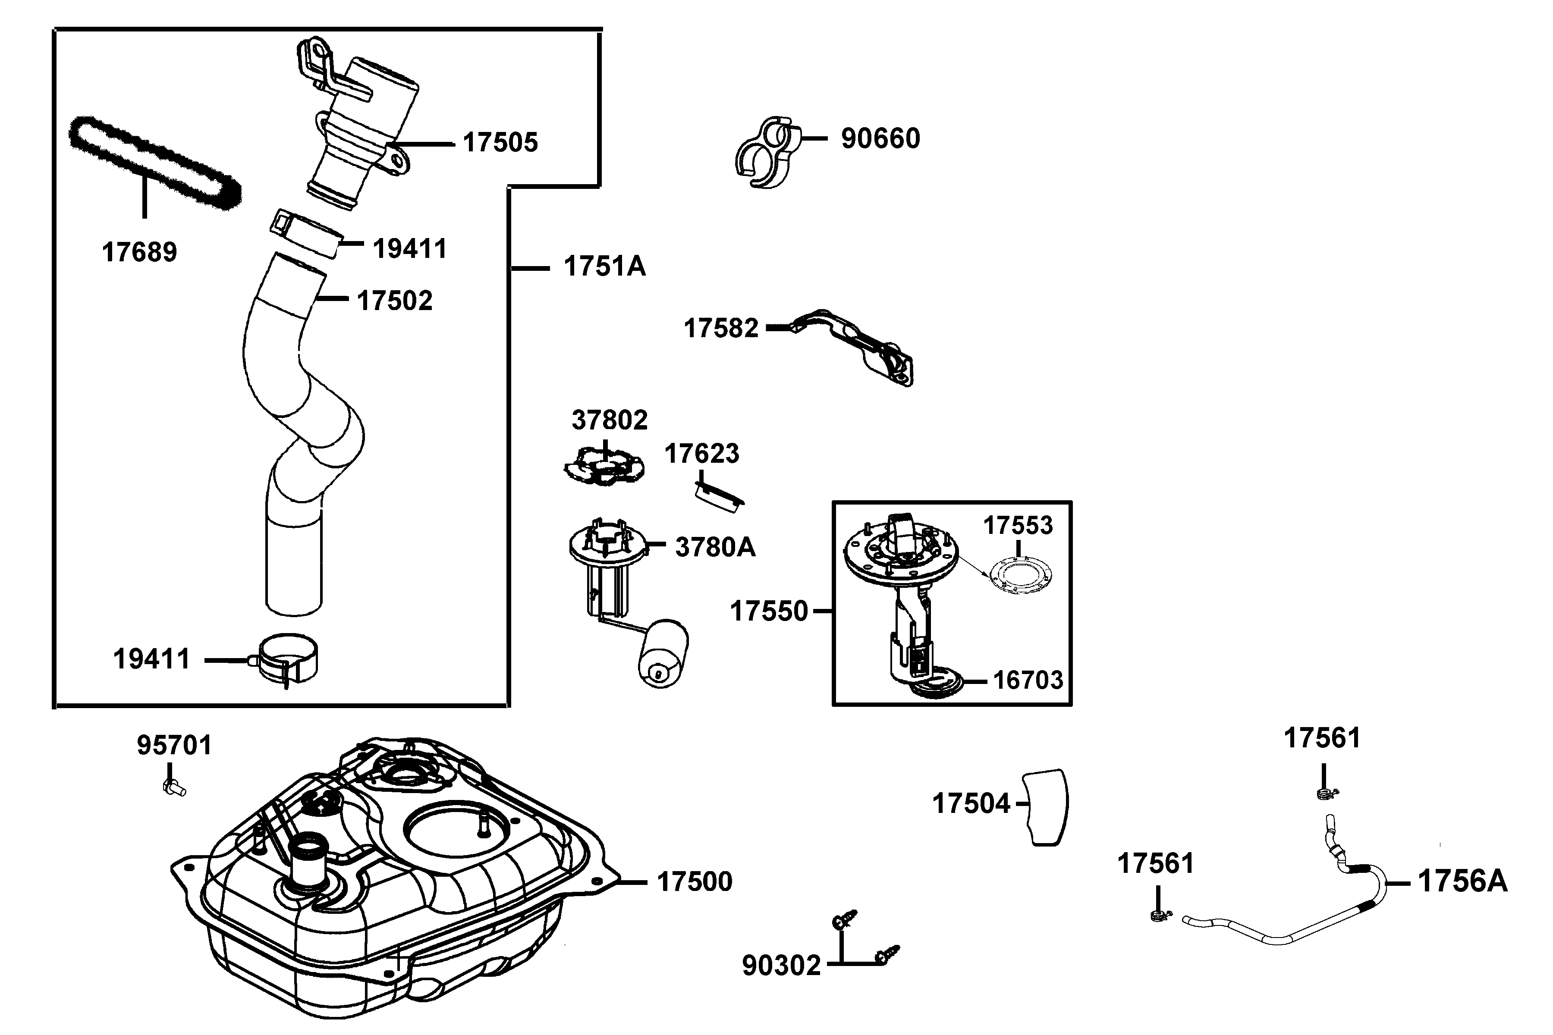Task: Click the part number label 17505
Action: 500,143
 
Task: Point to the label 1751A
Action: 604,267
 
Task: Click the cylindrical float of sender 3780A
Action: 662,653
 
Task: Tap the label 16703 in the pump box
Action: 1028,680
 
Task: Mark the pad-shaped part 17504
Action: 1047,806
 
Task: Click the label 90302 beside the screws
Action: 781,966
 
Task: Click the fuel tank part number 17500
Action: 695,882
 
